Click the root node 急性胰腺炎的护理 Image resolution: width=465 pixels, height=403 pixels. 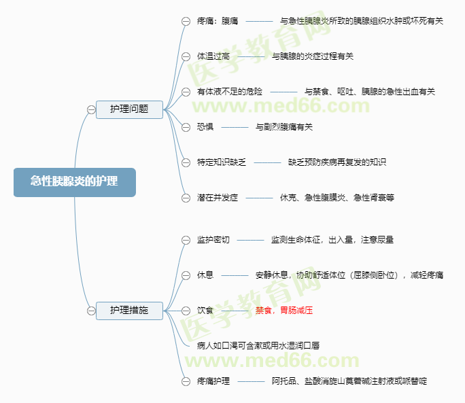pyautogui.click(x=74, y=182)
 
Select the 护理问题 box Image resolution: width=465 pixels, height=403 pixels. pyautogui.click(x=129, y=109)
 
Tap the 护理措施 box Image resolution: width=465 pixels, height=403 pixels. pyautogui.click(x=129, y=310)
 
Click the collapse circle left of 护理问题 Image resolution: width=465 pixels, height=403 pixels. pyautogui.click(x=91, y=109)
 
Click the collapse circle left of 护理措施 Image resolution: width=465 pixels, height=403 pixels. pyautogui.click(x=91, y=311)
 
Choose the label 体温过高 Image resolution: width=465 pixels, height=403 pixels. pyautogui.click(x=213, y=56)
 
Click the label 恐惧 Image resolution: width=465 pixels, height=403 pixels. pyautogui.click(x=205, y=126)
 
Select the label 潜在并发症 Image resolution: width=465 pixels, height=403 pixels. pyautogui.click(x=218, y=198)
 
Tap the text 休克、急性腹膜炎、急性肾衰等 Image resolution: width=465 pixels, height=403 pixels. pyautogui.click(x=337, y=198)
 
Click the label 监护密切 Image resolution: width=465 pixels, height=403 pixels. pyautogui.click(x=213, y=240)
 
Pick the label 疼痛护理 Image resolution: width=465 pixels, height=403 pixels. pyautogui.click(x=213, y=381)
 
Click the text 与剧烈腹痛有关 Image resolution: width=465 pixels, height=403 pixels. pyautogui.click(x=284, y=126)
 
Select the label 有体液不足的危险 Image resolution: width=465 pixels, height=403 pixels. pyautogui.click(x=230, y=91)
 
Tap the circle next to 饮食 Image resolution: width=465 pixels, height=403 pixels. pyautogui.click(x=186, y=311)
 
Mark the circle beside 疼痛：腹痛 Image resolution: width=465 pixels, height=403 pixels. pyautogui.click(x=186, y=21)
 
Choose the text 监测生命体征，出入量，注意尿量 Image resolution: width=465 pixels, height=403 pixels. pyautogui.click(x=332, y=240)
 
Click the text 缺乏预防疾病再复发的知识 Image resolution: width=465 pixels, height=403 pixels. pyautogui.click(x=337, y=162)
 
